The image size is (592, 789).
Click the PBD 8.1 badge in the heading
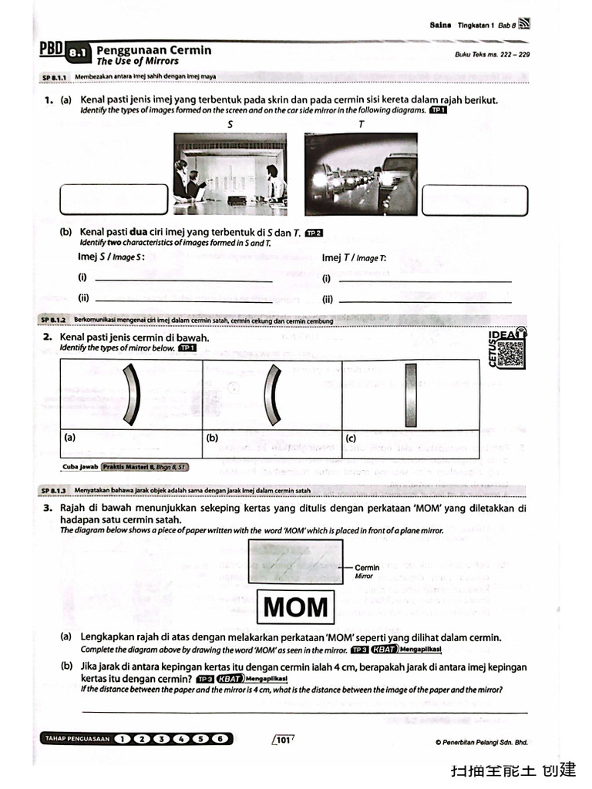pyautogui.click(x=65, y=52)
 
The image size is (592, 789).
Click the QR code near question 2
pyautogui.click(x=510, y=353)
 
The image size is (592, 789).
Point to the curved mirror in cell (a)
pyautogui.click(x=132, y=394)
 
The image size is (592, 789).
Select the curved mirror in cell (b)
pyautogui.click(x=271, y=394)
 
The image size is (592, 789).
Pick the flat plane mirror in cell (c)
pyautogui.click(x=411, y=394)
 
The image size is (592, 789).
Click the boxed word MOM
pyautogui.click(x=295, y=607)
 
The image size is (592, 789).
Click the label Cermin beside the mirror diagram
pyautogui.click(x=367, y=568)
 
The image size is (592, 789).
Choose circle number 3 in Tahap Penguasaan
pyautogui.click(x=161, y=739)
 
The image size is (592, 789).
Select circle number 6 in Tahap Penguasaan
pyautogui.click(x=220, y=739)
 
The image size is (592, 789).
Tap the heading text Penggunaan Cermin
pyautogui.click(x=153, y=50)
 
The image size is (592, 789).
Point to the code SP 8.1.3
pyautogui.click(x=55, y=490)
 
